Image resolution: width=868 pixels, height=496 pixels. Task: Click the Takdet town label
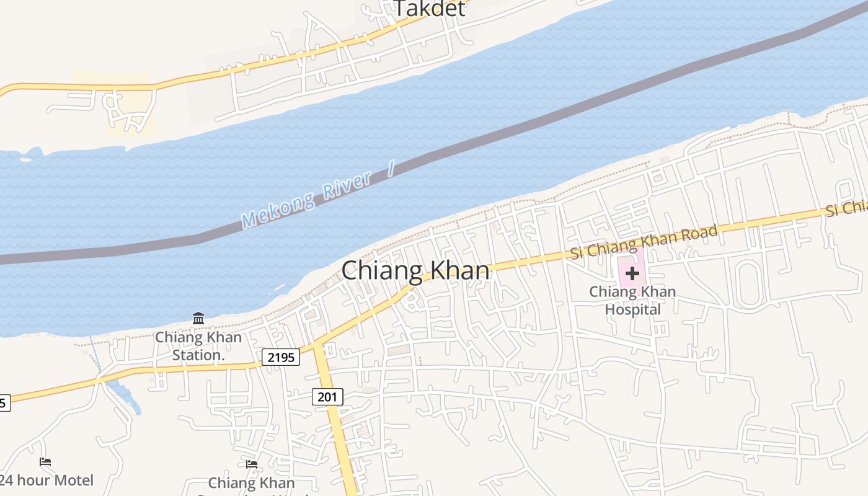tap(430, 8)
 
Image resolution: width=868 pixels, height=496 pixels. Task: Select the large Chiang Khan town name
tap(415, 271)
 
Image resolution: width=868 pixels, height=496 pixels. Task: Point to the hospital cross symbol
tap(632, 273)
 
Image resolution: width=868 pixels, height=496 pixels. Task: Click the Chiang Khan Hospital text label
tap(632, 300)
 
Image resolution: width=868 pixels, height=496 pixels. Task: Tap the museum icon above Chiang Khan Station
tap(198, 319)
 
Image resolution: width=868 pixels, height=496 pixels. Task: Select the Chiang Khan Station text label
tap(198, 346)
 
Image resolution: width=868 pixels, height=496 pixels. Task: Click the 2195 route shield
tap(281, 357)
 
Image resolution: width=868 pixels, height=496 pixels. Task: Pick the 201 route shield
tap(327, 397)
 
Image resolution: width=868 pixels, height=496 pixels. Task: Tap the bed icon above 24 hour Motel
tap(45, 462)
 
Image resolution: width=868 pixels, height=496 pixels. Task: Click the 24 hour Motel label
tap(47, 480)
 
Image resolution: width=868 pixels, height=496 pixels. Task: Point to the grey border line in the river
tap(496, 133)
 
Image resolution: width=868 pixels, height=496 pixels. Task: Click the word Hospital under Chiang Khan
tap(632, 309)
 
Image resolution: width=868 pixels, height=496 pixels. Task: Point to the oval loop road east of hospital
tap(748, 284)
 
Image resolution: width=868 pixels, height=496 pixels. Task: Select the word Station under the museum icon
tap(198, 355)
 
